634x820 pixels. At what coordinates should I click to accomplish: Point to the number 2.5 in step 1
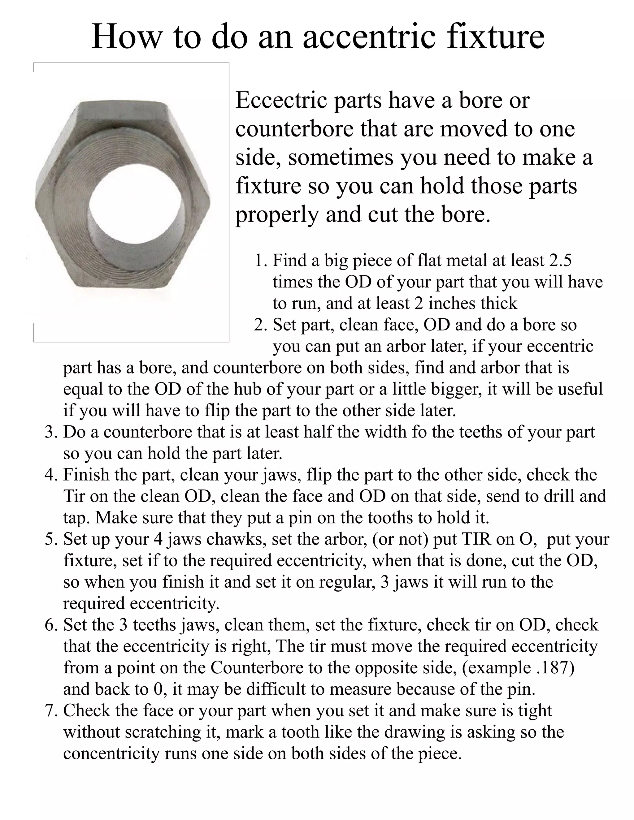560,261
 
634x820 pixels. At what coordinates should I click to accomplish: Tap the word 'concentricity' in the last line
111,753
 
